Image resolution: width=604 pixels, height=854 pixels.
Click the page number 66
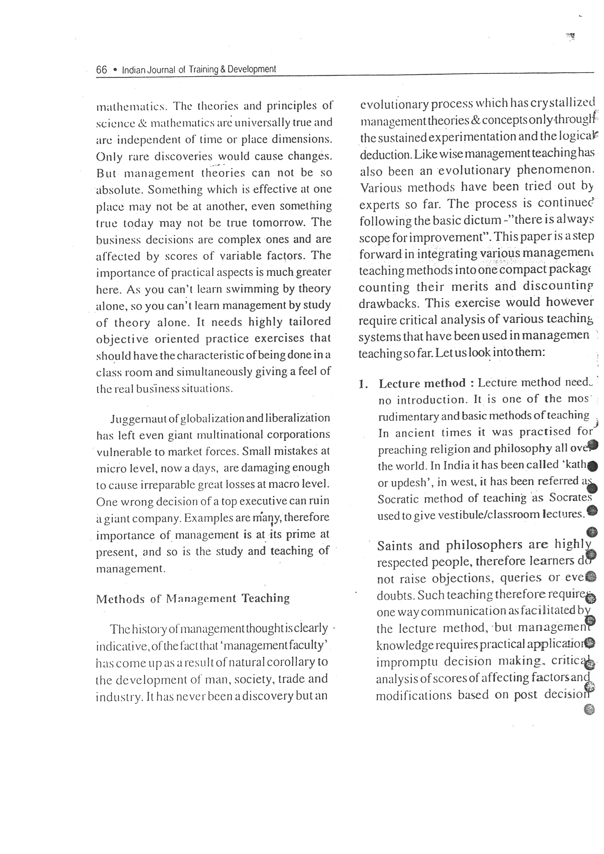tap(101, 70)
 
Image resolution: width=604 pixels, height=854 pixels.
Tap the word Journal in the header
tap(160, 70)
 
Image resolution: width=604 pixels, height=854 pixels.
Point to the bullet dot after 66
tap(115, 70)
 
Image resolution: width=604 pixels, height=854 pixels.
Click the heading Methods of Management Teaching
tap(193, 598)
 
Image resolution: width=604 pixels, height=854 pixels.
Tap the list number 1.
tap(362, 384)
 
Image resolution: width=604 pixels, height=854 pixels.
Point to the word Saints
tap(395, 546)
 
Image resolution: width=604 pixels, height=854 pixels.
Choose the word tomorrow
tap(280, 223)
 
